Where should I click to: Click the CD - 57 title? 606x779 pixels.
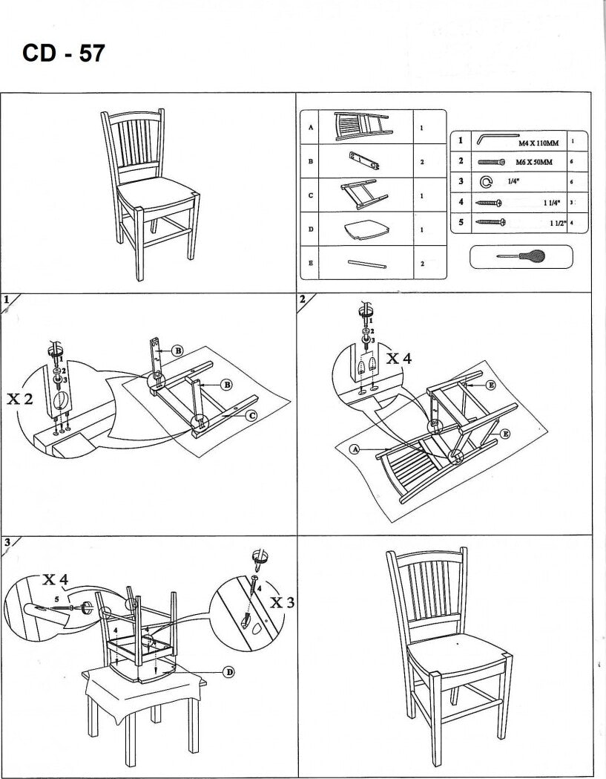65,54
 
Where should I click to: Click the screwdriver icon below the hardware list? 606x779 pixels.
521,256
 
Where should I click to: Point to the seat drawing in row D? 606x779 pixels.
363,229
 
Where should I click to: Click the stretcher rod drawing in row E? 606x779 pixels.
366,263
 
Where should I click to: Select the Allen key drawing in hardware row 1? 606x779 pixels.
495,140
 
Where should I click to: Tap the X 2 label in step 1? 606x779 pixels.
20,399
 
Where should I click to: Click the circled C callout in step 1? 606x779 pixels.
251,416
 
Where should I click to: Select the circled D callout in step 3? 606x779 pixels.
229,672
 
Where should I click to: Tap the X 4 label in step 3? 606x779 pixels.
56,579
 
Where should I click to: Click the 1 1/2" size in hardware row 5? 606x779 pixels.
556,223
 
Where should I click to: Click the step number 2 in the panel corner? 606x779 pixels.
303,299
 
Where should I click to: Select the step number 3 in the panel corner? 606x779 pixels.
7,542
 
